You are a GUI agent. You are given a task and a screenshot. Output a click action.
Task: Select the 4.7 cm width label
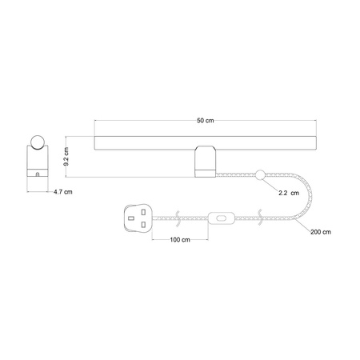pos(62,192)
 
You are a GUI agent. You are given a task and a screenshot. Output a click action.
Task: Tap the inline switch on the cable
pos(221,217)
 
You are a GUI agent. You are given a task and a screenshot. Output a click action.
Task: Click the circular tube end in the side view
pos(37,142)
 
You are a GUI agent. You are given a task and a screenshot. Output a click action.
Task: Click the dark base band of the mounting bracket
pos(205,170)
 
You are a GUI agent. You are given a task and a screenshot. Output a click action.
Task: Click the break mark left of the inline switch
pos(179,217)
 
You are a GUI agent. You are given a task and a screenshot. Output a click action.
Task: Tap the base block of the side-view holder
pos(37,170)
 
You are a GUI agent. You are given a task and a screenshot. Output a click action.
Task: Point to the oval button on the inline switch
pos(221,217)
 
